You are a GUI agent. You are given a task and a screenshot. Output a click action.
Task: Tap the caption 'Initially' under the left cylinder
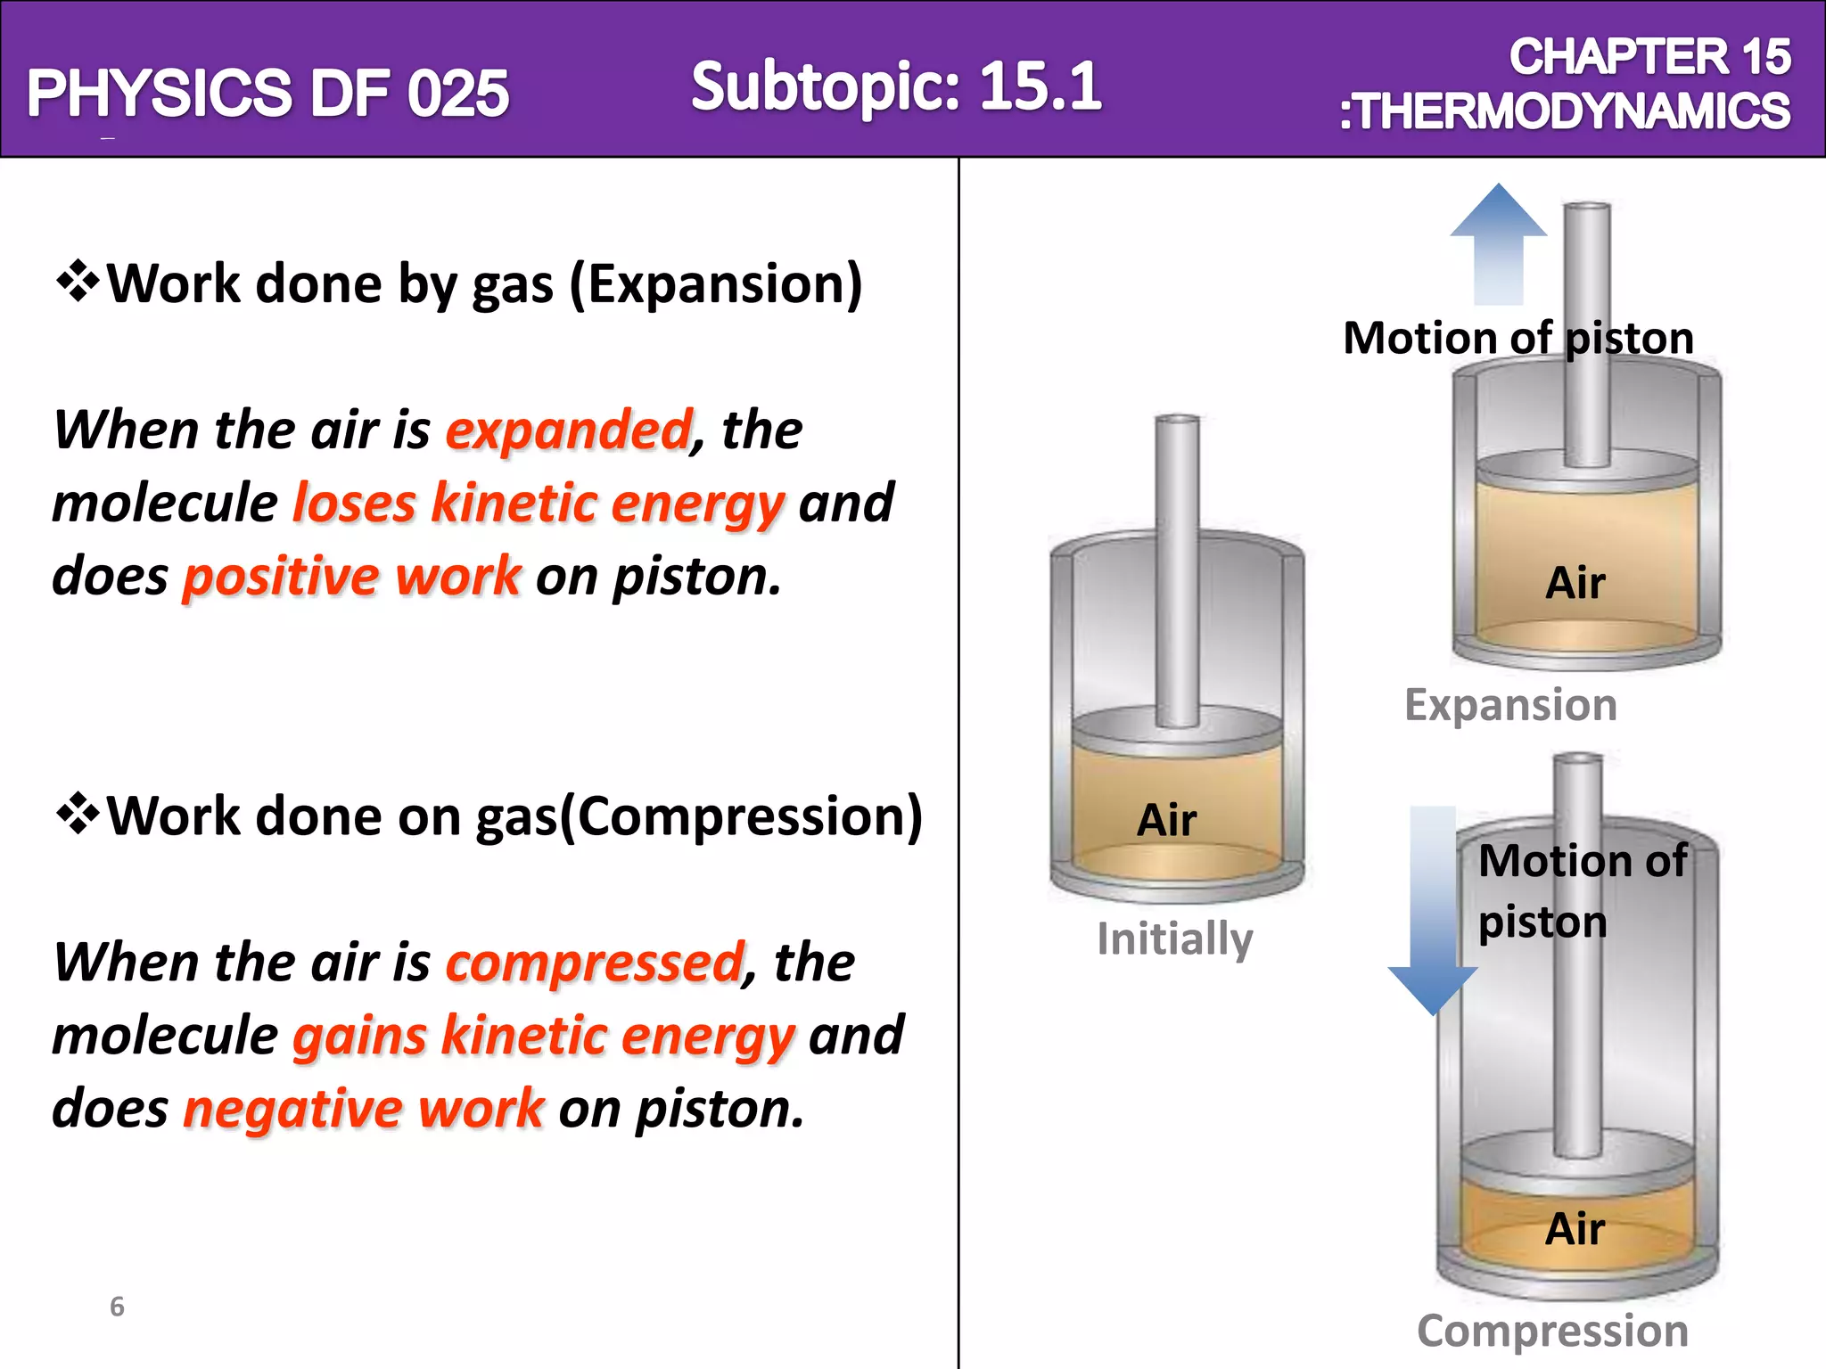(1174, 939)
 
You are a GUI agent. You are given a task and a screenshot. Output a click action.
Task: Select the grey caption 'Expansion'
(1510, 705)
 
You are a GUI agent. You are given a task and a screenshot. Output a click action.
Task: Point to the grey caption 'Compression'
(1552, 1331)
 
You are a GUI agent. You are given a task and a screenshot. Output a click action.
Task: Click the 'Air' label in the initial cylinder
(1166, 819)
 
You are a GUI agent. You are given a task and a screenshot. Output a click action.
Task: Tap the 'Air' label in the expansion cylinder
(1575, 583)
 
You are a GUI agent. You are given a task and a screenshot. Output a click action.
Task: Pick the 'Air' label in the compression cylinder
(1575, 1229)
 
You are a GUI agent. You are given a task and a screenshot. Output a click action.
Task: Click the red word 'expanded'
(569, 430)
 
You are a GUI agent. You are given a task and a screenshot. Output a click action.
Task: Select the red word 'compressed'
(595, 963)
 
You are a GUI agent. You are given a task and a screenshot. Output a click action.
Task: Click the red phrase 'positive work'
(351, 577)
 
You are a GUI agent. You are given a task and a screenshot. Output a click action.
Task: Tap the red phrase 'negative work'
(363, 1109)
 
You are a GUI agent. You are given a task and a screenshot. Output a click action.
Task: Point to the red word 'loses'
(354, 504)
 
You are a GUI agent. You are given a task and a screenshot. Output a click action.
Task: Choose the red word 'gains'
(359, 1036)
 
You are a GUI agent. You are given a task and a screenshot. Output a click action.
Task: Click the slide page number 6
(117, 1307)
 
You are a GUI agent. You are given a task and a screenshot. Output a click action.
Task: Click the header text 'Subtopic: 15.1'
(896, 86)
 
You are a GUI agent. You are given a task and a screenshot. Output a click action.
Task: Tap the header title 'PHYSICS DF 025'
(267, 93)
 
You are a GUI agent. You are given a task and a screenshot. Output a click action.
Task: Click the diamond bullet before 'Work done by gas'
(78, 282)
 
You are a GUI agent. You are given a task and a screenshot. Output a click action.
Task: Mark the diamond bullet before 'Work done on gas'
(78, 814)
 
